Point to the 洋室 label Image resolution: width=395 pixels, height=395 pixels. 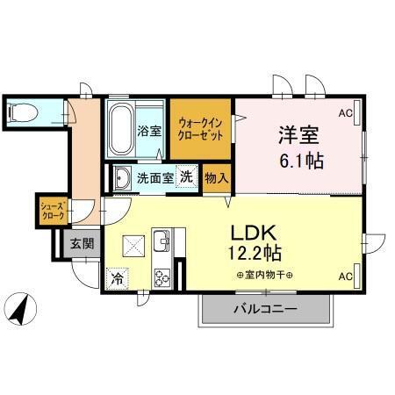[x=298, y=136]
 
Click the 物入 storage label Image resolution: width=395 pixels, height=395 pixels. [x=216, y=177]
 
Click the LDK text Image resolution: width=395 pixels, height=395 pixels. [x=254, y=233]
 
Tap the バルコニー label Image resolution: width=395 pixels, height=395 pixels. [x=265, y=309]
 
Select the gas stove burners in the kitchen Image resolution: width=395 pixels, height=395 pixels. [x=163, y=279]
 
